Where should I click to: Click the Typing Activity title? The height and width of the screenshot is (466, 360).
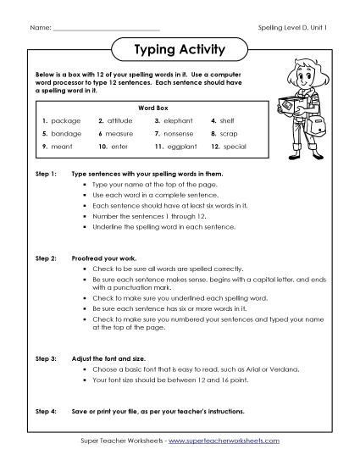pyautogui.click(x=180, y=50)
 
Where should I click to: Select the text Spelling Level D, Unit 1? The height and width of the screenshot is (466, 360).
pyautogui.click(x=292, y=28)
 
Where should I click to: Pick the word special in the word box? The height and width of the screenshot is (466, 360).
pyautogui.click(x=235, y=147)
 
